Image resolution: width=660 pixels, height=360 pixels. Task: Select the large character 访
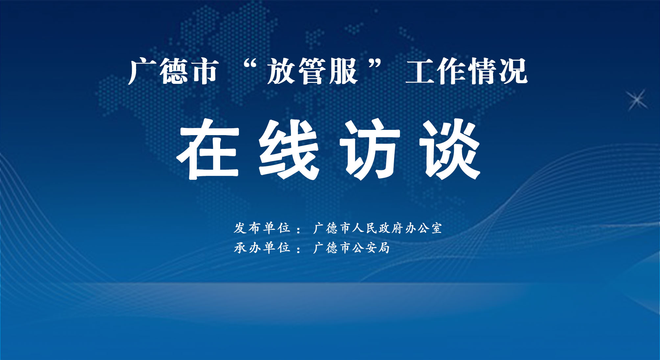(x=369, y=149)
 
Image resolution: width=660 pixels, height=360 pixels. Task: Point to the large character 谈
(x=450, y=149)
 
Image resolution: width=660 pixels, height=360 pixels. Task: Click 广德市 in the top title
(x=173, y=71)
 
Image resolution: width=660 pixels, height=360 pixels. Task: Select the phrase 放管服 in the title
(x=312, y=71)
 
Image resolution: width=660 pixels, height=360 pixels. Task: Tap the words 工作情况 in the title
(x=466, y=71)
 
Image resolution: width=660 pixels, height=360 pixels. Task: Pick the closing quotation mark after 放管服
(x=375, y=64)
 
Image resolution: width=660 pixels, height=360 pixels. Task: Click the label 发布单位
(x=262, y=228)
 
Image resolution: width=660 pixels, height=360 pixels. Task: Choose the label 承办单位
(x=262, y=248)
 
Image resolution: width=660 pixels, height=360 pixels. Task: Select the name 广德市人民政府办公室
(x=378, y=228)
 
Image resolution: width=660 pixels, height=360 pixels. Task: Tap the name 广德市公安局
(x=351, y=248)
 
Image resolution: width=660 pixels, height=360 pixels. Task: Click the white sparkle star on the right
(x=637, y=100)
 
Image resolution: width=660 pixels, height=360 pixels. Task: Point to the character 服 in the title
(x=343, y=71)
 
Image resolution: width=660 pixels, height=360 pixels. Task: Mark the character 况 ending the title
(x=513, y=71)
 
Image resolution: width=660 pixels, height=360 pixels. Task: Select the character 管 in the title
(x=312, y=71)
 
